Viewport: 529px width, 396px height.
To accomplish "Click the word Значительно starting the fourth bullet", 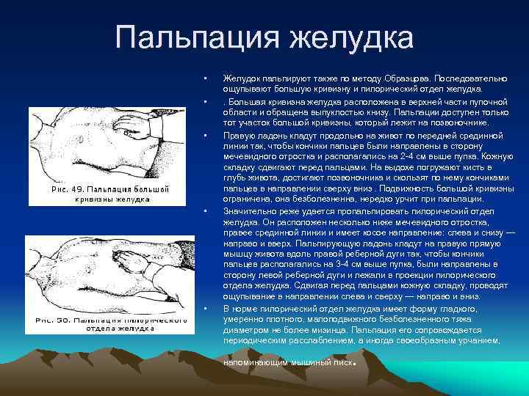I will click(x=247, y=209).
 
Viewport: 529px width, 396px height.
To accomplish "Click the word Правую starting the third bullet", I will click(x=238, y=136).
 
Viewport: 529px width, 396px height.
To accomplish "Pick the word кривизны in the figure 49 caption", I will click(x=93, y=199).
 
